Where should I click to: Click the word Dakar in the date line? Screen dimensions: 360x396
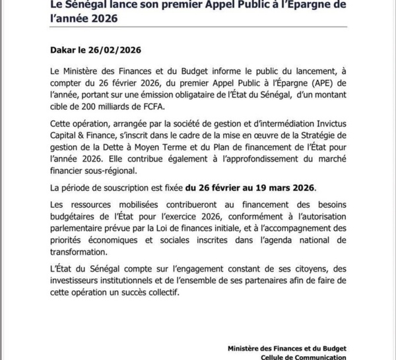click(65, 49)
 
